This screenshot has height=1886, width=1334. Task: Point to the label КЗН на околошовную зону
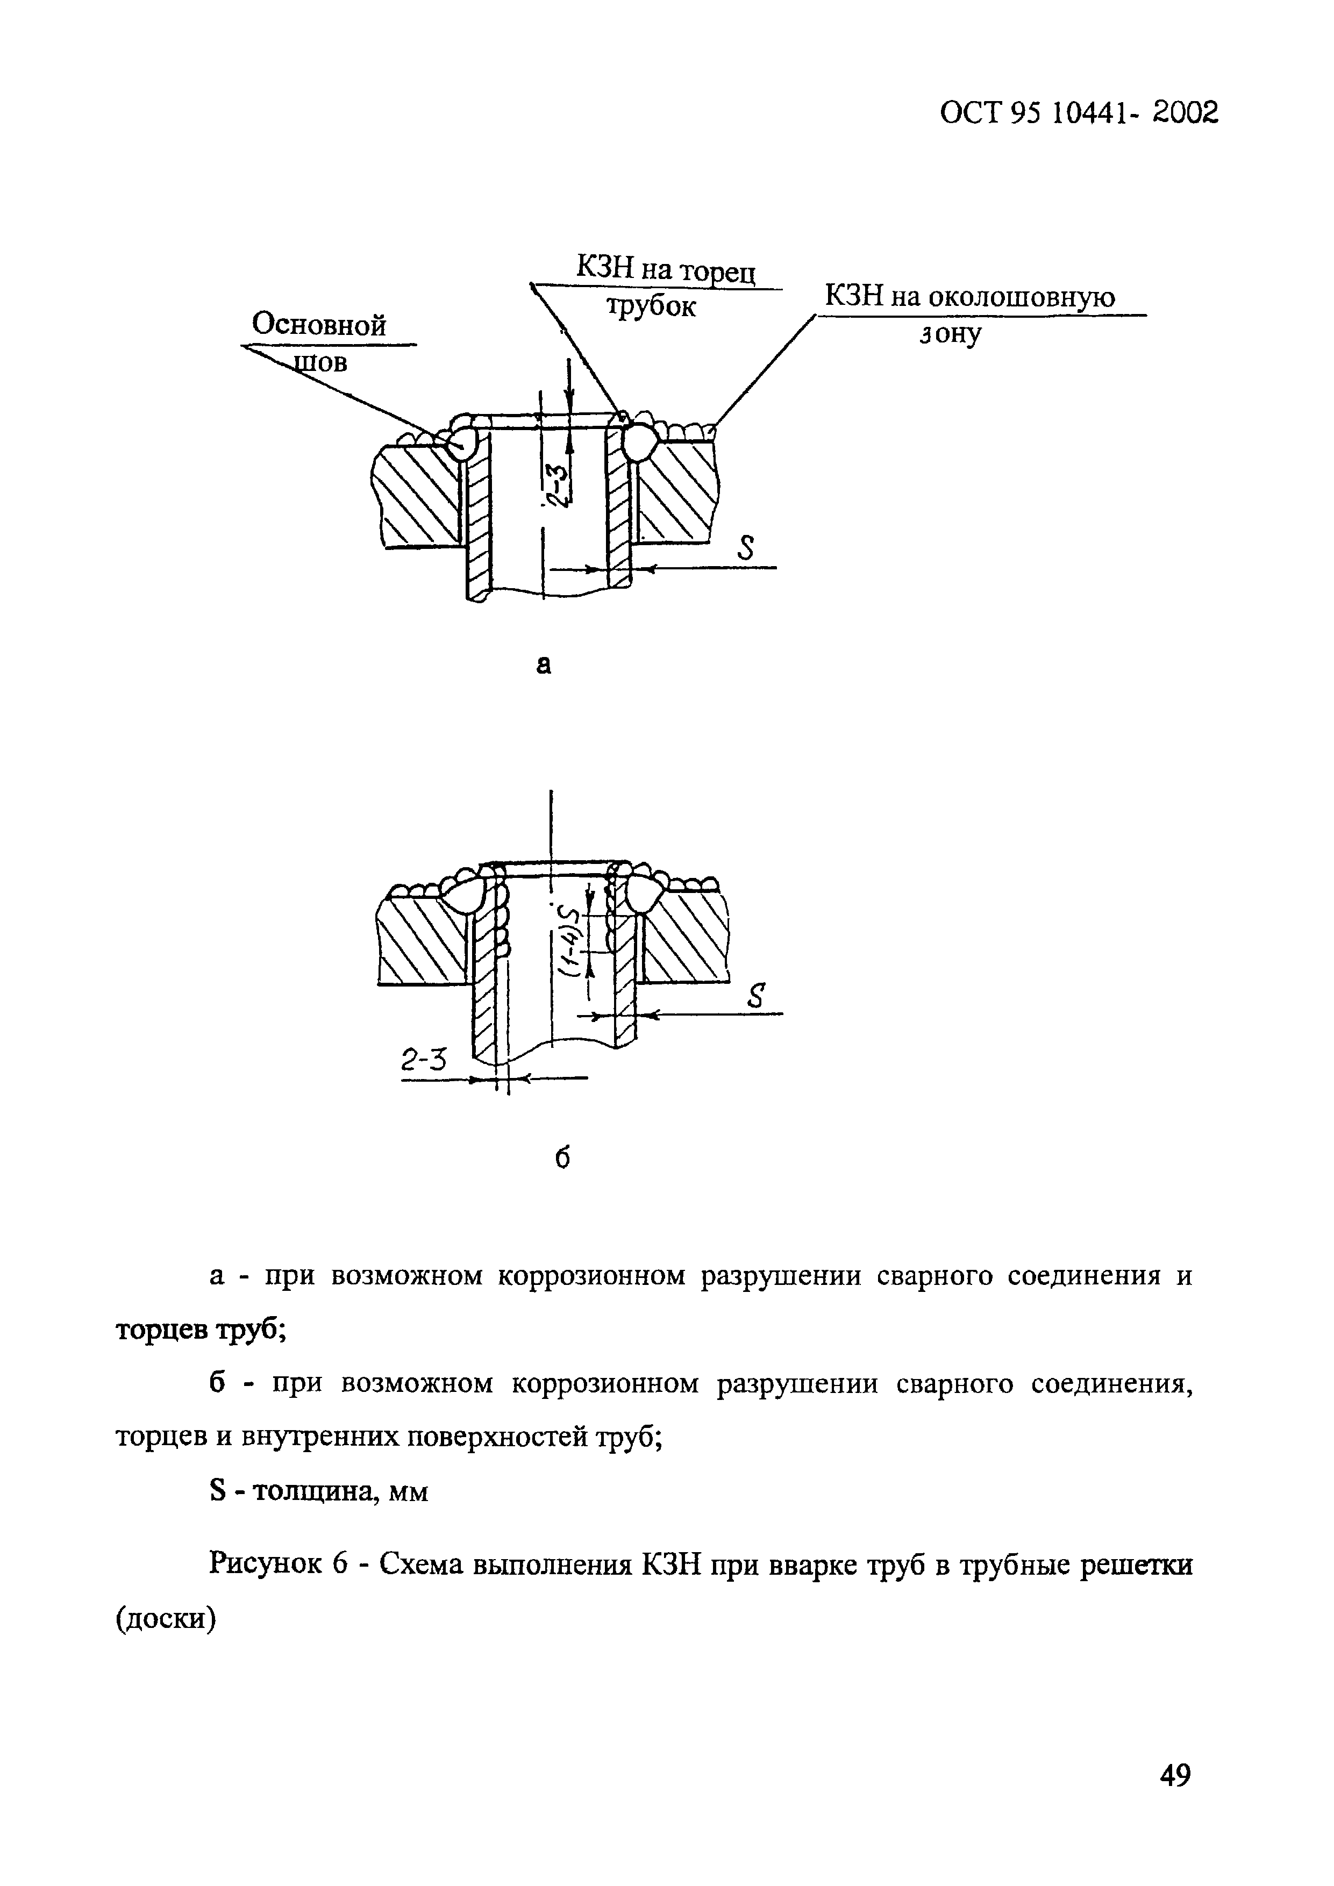[x=969, y=313]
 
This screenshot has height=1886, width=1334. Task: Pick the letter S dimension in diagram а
[x=745, y=549]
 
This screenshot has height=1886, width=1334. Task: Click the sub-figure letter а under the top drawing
[x=543, y=664]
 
